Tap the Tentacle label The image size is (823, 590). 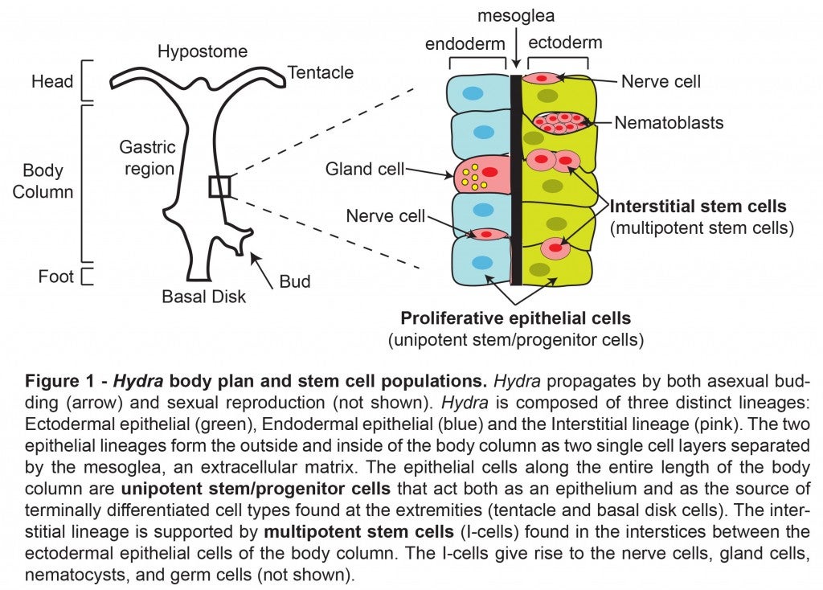(321, 73)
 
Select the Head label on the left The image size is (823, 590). (52, 81)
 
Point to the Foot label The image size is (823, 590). (55, 277)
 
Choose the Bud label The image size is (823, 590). (295, 281)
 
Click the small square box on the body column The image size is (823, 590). (219, 186)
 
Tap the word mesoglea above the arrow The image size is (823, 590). (516, 15)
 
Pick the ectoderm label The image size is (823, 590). (565, 43)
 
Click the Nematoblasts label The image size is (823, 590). (669, 123)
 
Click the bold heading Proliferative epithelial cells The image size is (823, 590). (515, 318)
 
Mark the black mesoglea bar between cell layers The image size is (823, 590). (517, 177)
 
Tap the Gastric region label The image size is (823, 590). (146, 158)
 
